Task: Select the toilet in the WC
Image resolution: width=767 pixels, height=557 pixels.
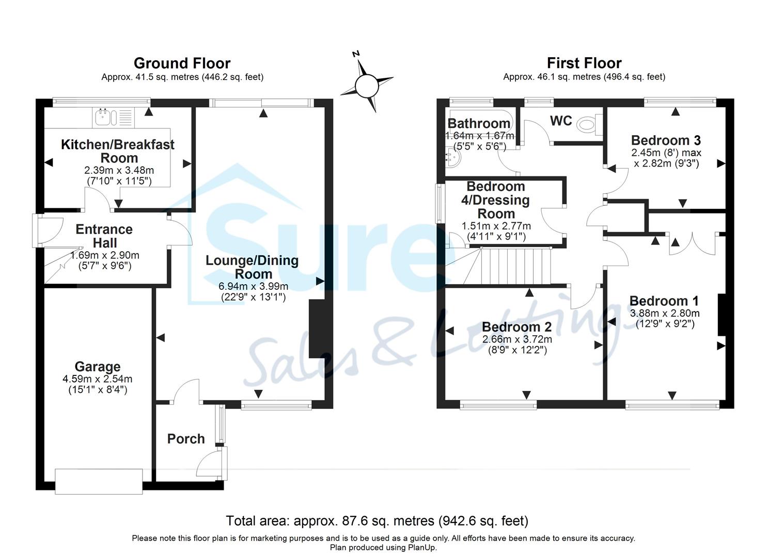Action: (587, 124)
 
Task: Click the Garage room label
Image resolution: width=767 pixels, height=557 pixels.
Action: (98, 367)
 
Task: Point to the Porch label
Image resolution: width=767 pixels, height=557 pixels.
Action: (186, 439)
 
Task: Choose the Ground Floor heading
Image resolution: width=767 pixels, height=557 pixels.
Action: (182, 63)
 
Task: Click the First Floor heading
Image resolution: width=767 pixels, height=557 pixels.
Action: (584, 63)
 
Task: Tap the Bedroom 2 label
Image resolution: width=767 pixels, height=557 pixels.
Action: (516, 327)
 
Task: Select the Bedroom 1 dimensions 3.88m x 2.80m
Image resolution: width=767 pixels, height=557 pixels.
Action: (664, 313)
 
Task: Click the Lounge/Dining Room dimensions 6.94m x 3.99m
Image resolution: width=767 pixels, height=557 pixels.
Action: (253, 286)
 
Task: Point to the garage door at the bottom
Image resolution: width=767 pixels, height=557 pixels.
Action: (99, 481)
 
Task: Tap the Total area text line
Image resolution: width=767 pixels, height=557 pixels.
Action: (377, 521)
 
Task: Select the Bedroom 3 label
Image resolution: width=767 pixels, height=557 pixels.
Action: (666, 140)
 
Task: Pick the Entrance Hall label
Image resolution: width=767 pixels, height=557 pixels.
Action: (104, 236)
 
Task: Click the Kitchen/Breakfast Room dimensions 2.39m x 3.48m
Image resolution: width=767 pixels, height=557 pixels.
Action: (119, 170)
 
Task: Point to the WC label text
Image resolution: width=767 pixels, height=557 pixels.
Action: (561, 121)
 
